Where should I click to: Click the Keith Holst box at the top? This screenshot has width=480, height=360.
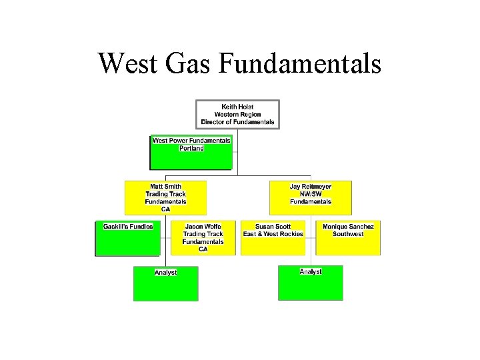[x=237, y=114]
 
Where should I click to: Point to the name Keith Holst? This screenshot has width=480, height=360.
[x=237, y=107]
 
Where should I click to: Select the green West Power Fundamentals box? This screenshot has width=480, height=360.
[x=191, y=153]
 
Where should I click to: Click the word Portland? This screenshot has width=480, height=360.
[x=191, y=148]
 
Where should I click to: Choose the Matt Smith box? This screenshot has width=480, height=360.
[x=165, y=197]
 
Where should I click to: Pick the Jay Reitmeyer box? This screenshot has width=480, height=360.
[x=310, y=197]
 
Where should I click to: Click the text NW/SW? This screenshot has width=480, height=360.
[x=310, y=194]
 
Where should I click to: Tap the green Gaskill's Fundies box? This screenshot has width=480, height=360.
[x=128, y=239]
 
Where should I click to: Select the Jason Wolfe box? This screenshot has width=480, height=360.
[x=203, y=238]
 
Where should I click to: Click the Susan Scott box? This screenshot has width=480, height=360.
[x=273, y=238]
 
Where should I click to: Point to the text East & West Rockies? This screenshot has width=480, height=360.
[x=273, y=234]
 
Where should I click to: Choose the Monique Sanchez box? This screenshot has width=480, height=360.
[x=348, y=238]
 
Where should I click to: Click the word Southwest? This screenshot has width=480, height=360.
[x=348, y=234]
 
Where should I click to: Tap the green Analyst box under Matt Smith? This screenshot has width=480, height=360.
[x=165, y=284]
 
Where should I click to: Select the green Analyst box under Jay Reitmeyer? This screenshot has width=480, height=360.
[x=310, y=283]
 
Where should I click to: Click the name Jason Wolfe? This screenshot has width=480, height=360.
[x=203, y=227]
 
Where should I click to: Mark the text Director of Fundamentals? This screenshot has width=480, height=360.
[x=237, y=122]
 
